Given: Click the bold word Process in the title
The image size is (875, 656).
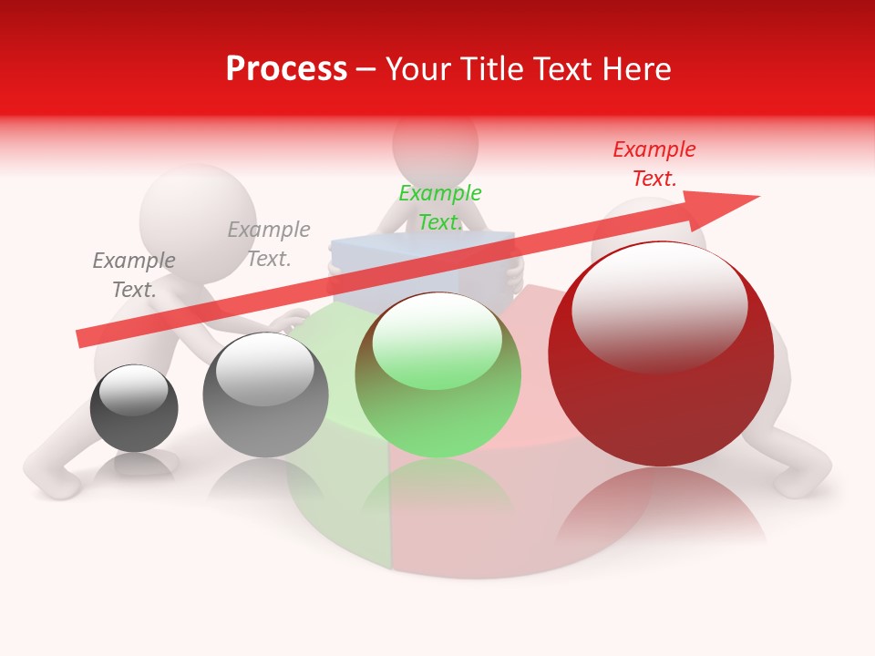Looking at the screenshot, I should [x=286, y=69].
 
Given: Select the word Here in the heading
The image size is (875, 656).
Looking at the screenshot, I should [x=636, y=69].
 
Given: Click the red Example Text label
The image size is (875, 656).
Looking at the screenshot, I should [x=654, y=164].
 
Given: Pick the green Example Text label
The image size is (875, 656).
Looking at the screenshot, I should [x=439, y=208].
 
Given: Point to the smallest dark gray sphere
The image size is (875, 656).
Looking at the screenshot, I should [x=134, y=408].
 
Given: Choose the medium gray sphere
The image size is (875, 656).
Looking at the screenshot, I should [x=265, y=395].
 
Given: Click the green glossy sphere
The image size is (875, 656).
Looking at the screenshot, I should [x=438, y=375].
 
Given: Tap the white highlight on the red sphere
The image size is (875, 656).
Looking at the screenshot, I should [x=659, y=305].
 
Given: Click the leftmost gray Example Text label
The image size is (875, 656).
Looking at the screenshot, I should [x=134, y=275].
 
